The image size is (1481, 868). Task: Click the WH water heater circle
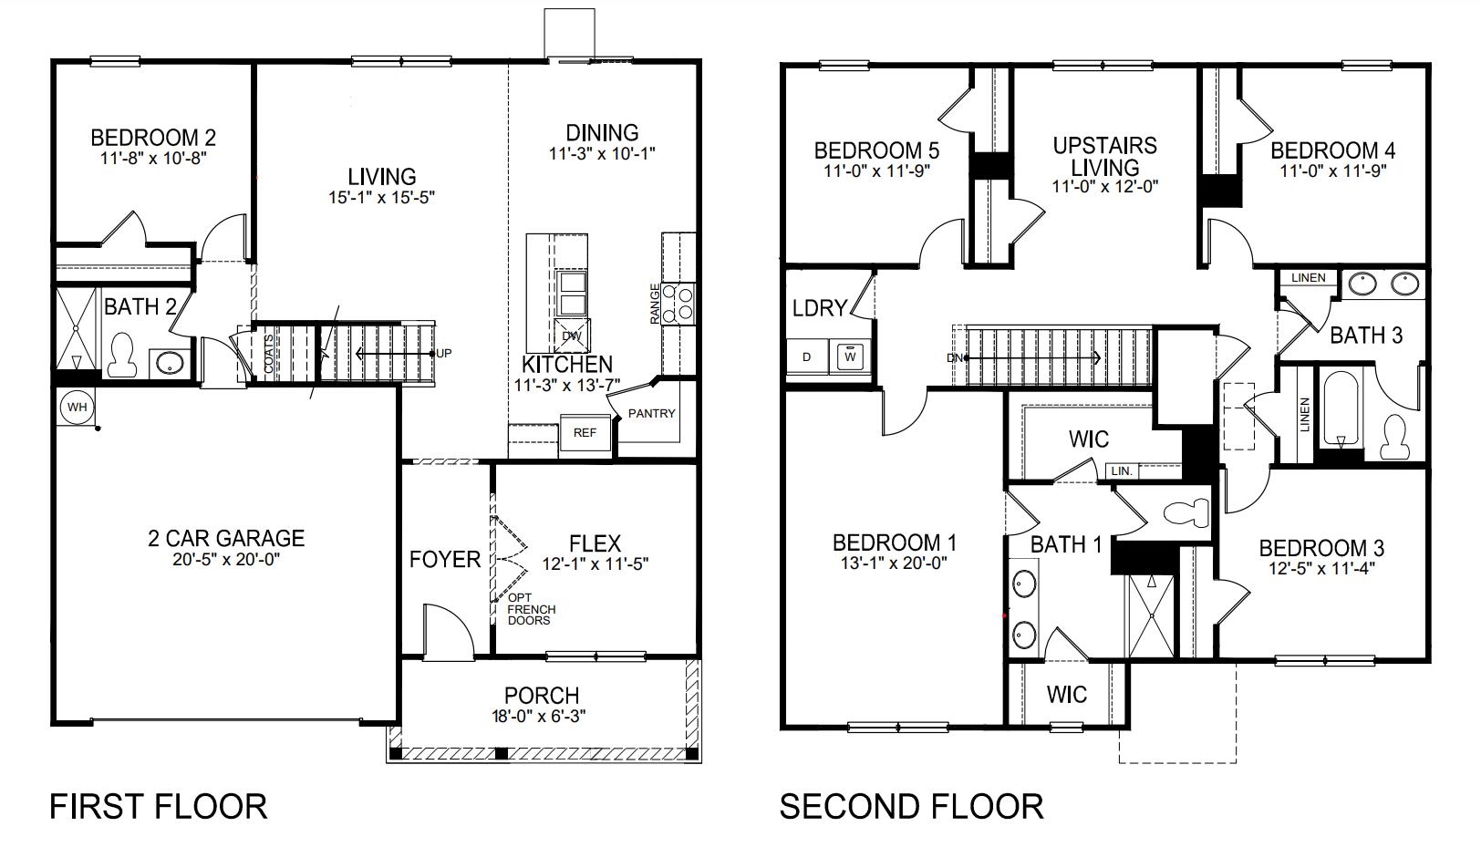click(x=77, y=407)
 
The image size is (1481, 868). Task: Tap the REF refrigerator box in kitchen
click(x=585, y=433)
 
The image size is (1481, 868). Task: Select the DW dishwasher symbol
click(x=572, y=336)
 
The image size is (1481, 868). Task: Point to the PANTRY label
click(x=651, y=413)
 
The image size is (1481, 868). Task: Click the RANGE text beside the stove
click(x=655, y=305)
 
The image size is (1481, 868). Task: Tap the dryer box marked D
click(x=806, y=356)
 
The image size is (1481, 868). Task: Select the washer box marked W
click(x=850, y=356)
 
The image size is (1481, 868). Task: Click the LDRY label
click(x=819, y=308)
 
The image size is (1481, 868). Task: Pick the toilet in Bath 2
click(x=121, y=356)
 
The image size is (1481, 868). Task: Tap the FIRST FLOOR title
click(x=158, y=807)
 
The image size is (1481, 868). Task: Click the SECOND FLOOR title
click(x=911, y=807)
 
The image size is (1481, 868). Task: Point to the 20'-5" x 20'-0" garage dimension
click(x=227, y=559)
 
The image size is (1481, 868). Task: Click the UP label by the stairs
click(x=443, y=354)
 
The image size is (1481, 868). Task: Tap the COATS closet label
click(x=268, y=354)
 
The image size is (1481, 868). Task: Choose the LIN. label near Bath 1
click(x=1122, y=471)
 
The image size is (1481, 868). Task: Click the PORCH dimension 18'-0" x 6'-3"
click(x=542, y=716)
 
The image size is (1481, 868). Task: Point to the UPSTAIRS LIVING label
click(x=1104, y=157)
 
